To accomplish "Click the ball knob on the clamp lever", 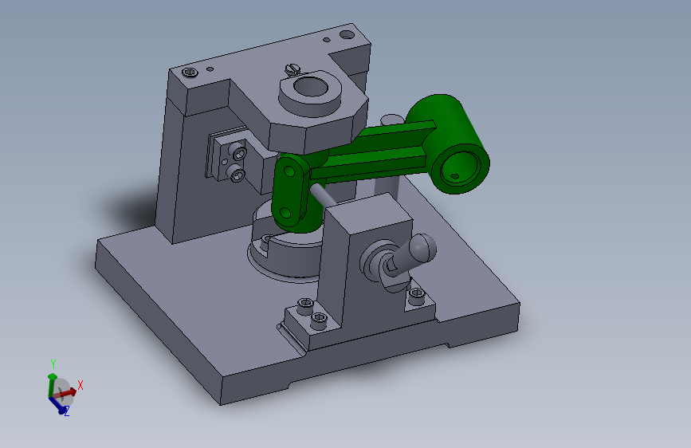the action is [422, 247].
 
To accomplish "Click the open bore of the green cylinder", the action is [460, 168].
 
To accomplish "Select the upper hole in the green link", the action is [289, 171].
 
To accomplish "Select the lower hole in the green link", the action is [285, 214].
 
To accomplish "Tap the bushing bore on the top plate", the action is [311, 86].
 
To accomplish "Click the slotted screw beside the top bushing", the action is [292, 69].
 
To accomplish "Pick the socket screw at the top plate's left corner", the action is [190, 72].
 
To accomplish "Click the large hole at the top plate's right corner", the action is [347, 34].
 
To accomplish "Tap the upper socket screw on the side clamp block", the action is [239, 151].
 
